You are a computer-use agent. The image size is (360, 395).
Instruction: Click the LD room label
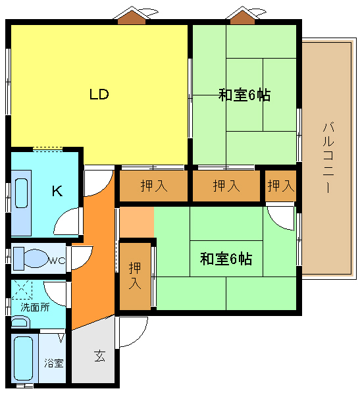click(x=99, y=94)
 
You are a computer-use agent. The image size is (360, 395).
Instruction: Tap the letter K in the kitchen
click(x=57, y=192)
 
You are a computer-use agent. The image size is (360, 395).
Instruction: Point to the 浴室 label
click(x=54, y=362)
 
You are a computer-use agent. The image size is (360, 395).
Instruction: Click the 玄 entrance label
click(x=99, y=356)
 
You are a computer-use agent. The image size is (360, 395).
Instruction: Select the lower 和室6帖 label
click(x=226, y=258)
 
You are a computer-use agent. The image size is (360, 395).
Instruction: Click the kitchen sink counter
click(x=21, y=203)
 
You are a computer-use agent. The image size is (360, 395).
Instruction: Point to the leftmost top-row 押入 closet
click(x=154, y=186)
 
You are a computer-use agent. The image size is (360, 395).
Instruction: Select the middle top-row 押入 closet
click(x=226, y=186)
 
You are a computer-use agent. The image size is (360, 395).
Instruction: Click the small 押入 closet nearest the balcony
click(x=280, y=186)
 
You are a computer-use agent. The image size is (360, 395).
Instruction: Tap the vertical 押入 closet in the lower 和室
click(x=135, y=276)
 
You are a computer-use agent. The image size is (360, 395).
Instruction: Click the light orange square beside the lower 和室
click(x=136, y=223)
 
